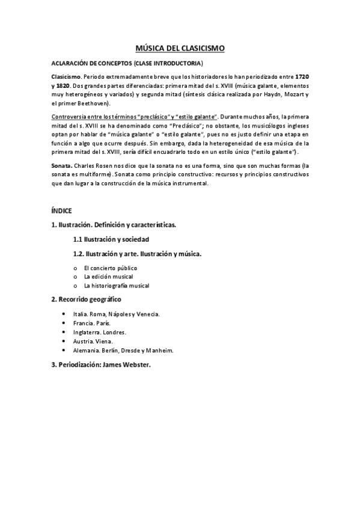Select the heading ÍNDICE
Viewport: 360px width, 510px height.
click(61, 210)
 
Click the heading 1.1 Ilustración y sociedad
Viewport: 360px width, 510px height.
click(115, 239)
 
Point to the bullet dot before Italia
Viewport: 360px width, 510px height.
click(64, 314)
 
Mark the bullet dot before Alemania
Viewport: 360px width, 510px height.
click(64, 350)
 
